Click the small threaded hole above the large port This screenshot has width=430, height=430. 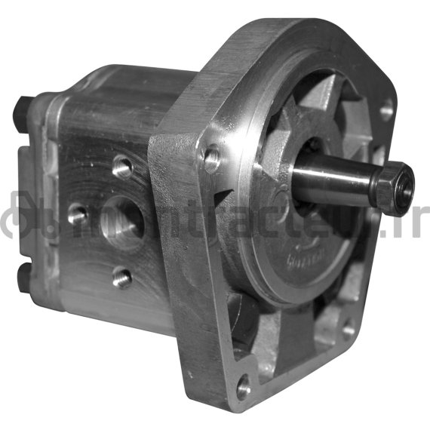point(120,164)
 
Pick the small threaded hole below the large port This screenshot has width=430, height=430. point(121,278)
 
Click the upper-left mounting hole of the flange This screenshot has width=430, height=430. point(212,158)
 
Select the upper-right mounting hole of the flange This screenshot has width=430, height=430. point(385,110)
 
